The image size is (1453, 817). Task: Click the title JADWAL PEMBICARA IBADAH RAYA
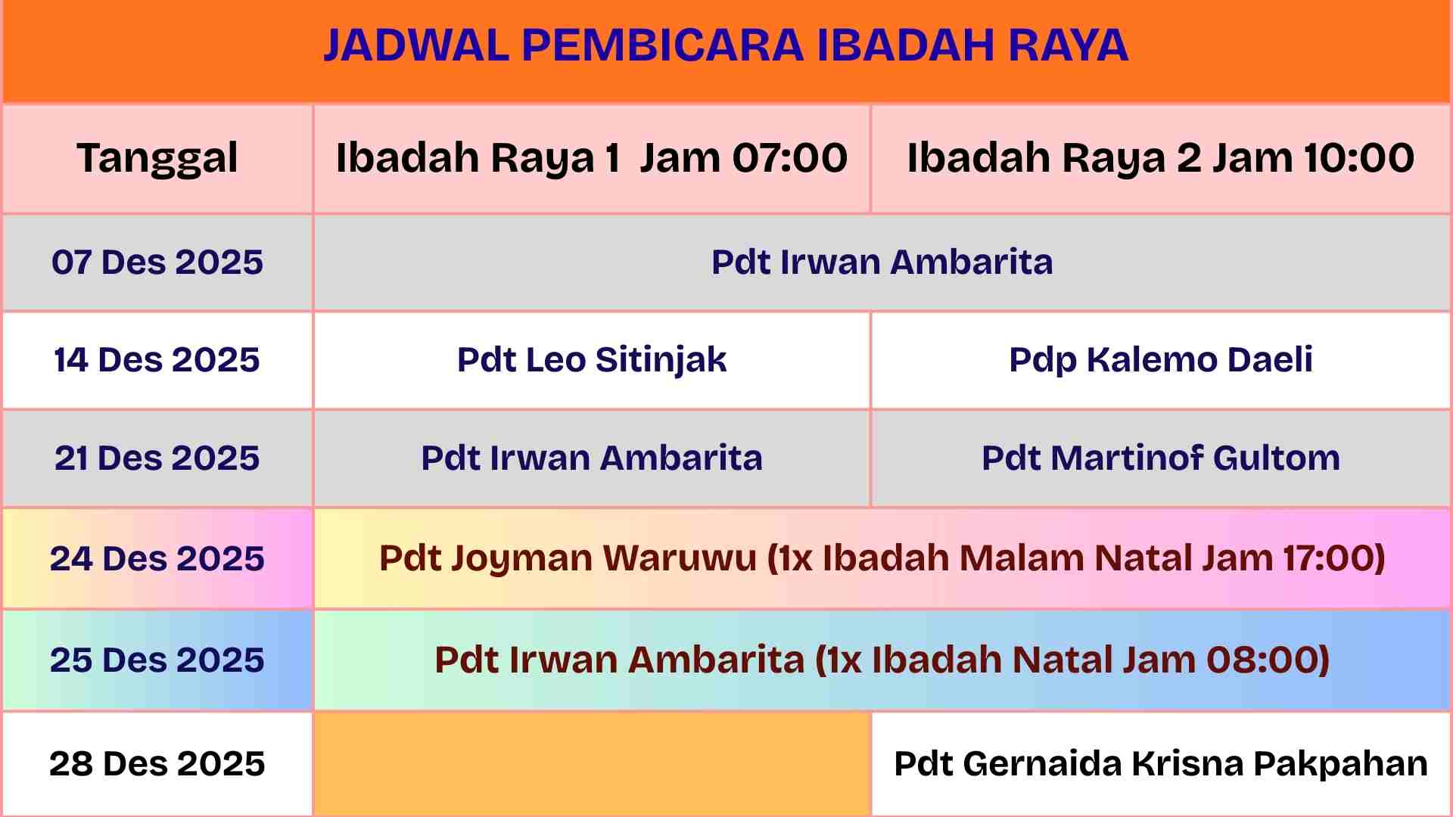726,45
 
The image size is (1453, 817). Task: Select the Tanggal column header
157,159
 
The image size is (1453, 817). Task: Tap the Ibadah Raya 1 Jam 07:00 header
592,158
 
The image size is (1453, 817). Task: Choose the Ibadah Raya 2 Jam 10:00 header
1161,158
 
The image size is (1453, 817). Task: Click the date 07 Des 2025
157,262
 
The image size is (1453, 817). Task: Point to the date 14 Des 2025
157,359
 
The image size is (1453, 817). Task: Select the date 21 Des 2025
157,458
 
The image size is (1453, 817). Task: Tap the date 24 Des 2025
157,558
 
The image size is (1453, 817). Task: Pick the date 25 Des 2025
157,660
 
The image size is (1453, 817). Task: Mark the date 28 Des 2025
157,763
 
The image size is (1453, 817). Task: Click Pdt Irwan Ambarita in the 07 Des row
882,262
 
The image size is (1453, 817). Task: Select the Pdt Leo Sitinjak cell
592,359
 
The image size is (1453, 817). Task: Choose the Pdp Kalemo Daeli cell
1161,359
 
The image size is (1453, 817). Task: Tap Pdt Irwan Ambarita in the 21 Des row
592,458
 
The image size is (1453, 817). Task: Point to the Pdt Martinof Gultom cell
1161,458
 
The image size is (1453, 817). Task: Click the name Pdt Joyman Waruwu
568,558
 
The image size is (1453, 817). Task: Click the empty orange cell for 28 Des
592,763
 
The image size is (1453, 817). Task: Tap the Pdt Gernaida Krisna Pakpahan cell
1161,764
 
